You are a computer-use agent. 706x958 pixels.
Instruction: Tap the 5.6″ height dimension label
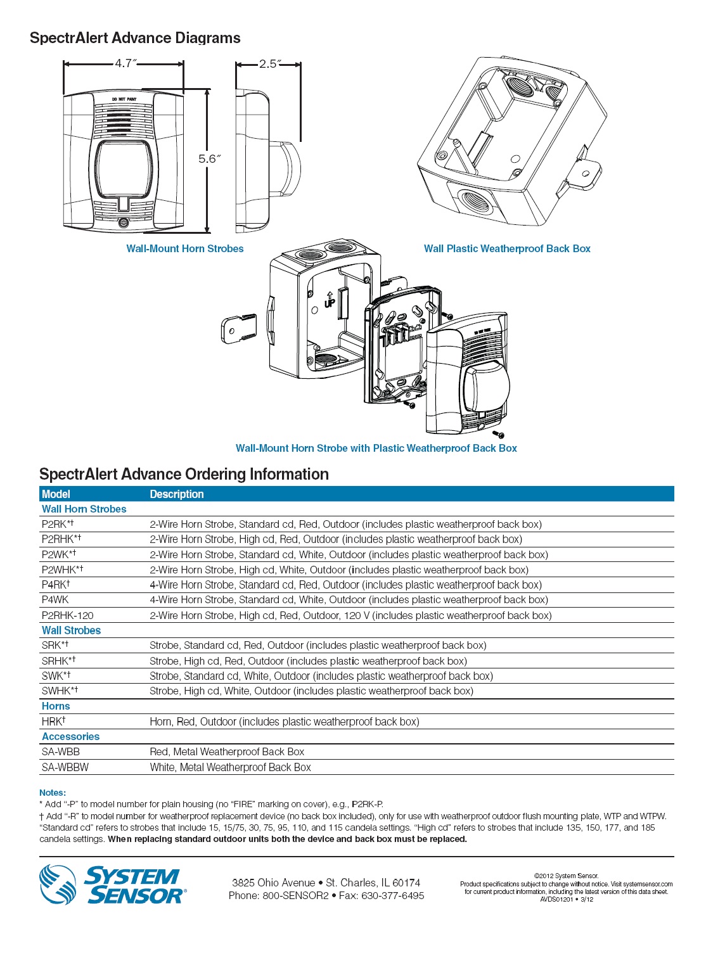click(x=209, y=159)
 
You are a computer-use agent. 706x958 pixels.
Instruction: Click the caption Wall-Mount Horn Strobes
click(x=185, y=249)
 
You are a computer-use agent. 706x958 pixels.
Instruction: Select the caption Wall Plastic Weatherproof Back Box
click(x=507, y=249)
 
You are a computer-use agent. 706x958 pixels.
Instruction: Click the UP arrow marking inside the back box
click(x=330, y=300)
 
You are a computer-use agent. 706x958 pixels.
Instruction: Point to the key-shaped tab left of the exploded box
click(x=238, y=328)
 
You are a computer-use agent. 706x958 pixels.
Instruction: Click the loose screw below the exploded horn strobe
click(x=498, y=434)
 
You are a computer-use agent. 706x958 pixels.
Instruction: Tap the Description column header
click(x=177, y=494)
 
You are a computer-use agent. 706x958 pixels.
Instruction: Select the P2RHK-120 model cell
click(x=68, y=615)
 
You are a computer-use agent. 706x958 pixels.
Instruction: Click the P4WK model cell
click(x=55, y=600)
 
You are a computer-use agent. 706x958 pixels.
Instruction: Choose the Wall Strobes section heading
click(x=71, y=630)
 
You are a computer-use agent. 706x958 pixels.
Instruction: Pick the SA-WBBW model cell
click(x=65, y=767)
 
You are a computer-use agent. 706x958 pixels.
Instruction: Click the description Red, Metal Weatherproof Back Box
click(x=227, y=752)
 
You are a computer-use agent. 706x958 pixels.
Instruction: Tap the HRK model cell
click(x=53, y=722)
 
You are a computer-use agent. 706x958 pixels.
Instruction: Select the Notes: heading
click(x=53, y=793)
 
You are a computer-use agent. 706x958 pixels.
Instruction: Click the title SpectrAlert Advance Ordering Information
click(x=184, y=475)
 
